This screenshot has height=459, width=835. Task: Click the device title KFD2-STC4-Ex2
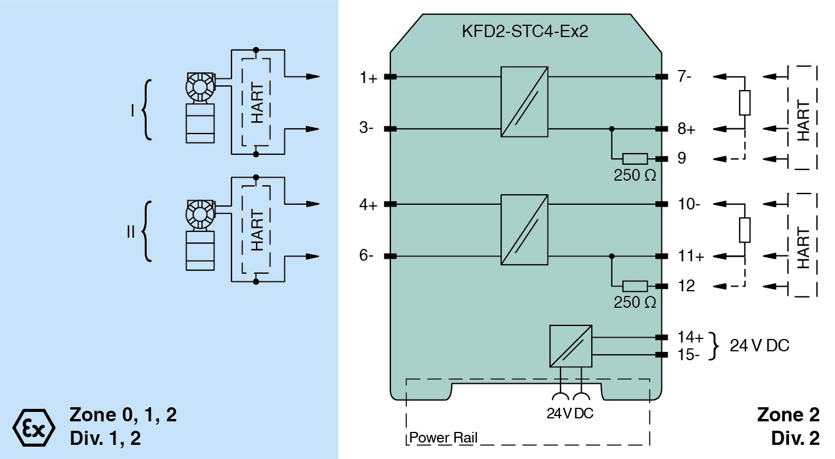[525, 31]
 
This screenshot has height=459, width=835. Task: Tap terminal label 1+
[369, 77]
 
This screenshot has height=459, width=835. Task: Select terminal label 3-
[367, 128]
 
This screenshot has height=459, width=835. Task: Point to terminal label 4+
[369, 205]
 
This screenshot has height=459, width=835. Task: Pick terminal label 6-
[367, 256]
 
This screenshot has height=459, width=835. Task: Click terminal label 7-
[685, 77]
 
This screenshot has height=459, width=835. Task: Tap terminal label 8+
[686, 128]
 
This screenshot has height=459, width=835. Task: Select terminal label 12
[686, 287]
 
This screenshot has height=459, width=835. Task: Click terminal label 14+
[690, 338]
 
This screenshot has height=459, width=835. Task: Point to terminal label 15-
[689, 355]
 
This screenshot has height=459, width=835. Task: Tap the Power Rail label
[443, 438]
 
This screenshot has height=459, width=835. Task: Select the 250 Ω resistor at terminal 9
[635, 158]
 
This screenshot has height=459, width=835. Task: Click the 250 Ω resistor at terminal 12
[635, 287]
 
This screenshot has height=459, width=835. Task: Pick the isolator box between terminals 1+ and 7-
[525, 102]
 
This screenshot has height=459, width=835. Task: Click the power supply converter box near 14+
[571, 346]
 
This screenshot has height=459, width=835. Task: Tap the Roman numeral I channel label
[133, 110]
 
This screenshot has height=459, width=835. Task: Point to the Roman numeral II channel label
[131, 231]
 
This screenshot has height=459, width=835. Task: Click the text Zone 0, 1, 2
[123, 415]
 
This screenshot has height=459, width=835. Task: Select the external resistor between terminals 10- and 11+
[745, 230]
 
